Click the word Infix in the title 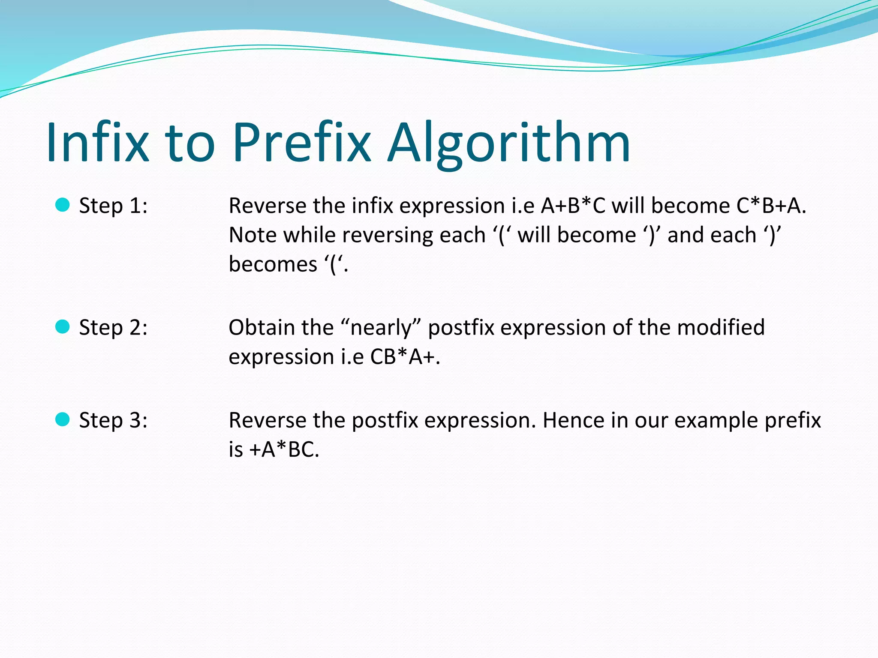pos(98,142)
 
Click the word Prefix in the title pos(301,142)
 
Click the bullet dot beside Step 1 pos(63,205)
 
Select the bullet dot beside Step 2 pos(63,327)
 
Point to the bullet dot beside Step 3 pos(63,419)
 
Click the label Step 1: pos(113,206)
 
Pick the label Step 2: pos(113,328)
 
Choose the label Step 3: pos(113,421)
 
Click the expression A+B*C pos(573,206)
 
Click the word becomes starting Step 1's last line pos(273,264)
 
